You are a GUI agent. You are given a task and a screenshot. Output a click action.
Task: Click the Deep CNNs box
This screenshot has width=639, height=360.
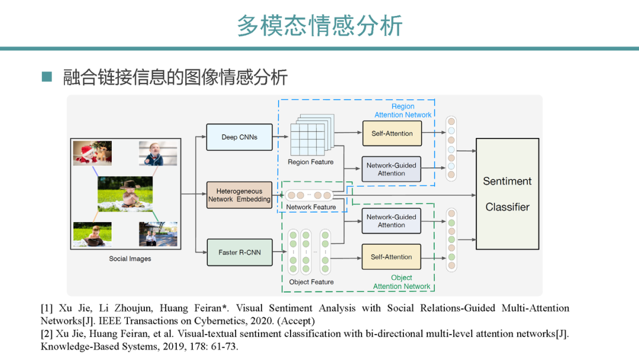[240, 137]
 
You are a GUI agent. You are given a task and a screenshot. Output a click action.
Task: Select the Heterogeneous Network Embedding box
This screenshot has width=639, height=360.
[239, 195]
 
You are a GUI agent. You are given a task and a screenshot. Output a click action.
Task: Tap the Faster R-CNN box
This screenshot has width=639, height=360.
[240, 252]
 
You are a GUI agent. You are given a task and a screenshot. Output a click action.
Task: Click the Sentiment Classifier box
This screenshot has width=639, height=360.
[507, 194]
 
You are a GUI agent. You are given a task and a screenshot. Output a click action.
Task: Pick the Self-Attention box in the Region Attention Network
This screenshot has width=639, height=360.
[392, 134]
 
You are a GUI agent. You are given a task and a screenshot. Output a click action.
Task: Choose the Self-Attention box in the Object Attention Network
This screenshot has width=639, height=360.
[391, 257]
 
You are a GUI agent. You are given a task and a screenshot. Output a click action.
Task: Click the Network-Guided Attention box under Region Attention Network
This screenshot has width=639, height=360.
[391, 169]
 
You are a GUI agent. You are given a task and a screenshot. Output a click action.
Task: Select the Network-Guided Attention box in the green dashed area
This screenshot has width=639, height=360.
[391, 221]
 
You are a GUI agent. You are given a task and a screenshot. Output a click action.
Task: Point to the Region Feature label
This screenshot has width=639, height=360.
[311, 162]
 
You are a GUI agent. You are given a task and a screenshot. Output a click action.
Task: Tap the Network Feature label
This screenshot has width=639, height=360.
[311, 207]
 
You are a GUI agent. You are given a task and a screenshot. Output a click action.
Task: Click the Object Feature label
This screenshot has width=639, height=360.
[311, 282]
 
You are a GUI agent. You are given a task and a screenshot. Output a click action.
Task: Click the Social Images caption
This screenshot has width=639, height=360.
[130, 259]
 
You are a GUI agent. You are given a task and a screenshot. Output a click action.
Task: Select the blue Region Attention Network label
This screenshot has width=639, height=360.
[403, 111]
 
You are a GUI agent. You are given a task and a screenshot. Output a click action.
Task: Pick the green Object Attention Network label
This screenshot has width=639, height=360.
[402, 282]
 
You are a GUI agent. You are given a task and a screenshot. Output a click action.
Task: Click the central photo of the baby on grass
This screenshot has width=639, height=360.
[125, 195]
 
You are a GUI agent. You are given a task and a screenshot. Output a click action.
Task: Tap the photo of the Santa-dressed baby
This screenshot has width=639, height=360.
[92, 153]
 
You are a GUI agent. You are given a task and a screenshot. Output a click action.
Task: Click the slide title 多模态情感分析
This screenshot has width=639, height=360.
[319, 25]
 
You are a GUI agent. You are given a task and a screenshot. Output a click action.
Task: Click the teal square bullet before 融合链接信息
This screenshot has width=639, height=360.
[47, 77]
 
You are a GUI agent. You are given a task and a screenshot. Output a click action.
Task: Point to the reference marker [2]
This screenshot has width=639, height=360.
[47, 334]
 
